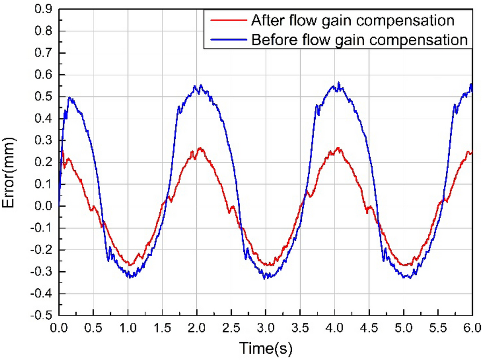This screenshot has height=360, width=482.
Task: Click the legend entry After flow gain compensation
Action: (352, 20)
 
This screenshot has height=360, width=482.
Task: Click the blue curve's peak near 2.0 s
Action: (201, 85)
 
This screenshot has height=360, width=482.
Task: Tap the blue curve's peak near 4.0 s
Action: (338, 83)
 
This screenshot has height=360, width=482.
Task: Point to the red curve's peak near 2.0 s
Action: (200, 147)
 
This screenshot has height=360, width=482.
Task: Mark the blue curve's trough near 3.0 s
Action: (265, 278)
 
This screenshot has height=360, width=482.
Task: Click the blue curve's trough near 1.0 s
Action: (129, 277)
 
